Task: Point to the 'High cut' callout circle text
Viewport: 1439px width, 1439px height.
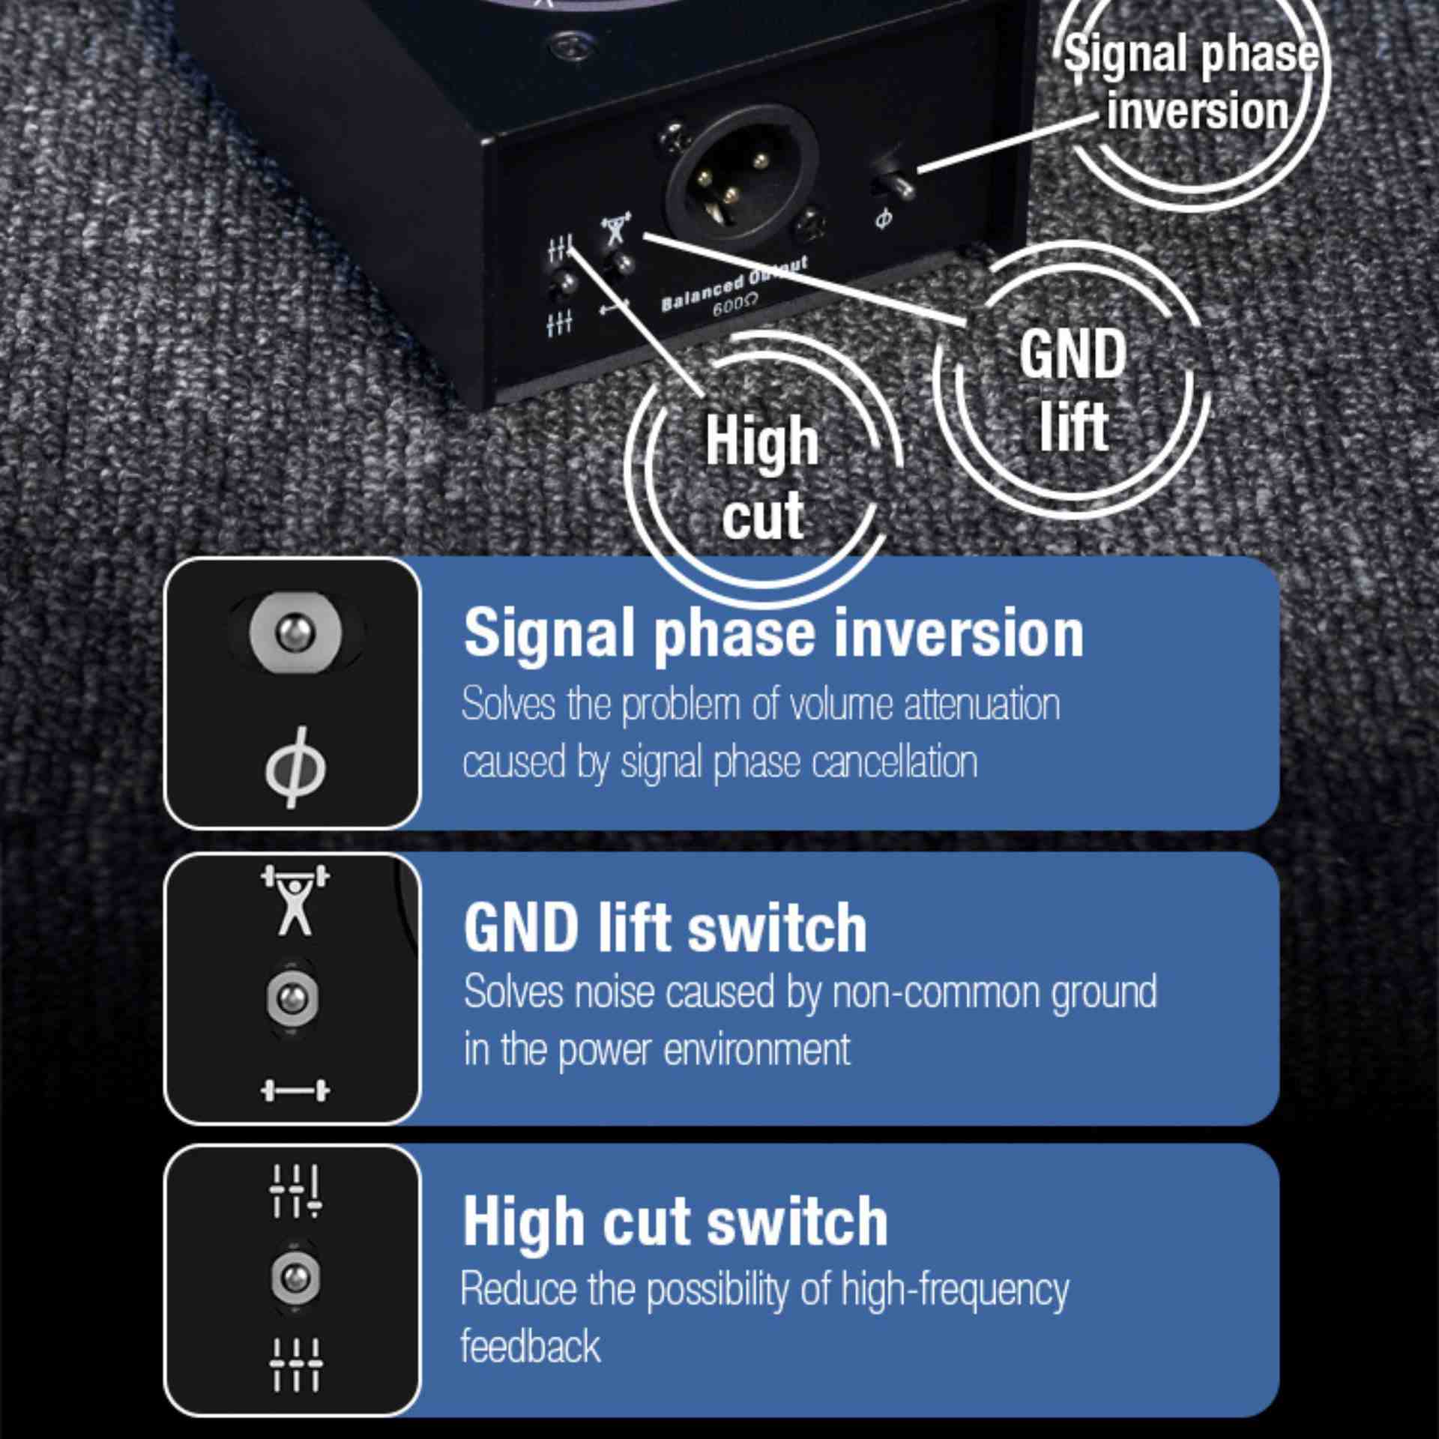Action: click(762, 477)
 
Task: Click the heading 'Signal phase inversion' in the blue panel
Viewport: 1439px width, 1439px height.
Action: click(773, 633)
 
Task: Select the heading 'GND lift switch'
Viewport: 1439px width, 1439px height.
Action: click(666, 927)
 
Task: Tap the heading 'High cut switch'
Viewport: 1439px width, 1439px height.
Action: click(675, 1221)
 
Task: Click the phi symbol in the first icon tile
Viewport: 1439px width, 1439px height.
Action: click(295, 767)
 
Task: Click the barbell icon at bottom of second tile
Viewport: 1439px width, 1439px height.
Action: click(295, 1090)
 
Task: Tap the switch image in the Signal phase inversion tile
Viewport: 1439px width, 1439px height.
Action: click(295, 634)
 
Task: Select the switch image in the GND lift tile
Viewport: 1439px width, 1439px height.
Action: click(292, 998)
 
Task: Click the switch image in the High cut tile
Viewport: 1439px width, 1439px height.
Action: click(295, 1278)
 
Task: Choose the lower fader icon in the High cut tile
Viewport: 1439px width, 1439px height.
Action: click(295, 1364)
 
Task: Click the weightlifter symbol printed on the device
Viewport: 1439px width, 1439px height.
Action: click(616, 229)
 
